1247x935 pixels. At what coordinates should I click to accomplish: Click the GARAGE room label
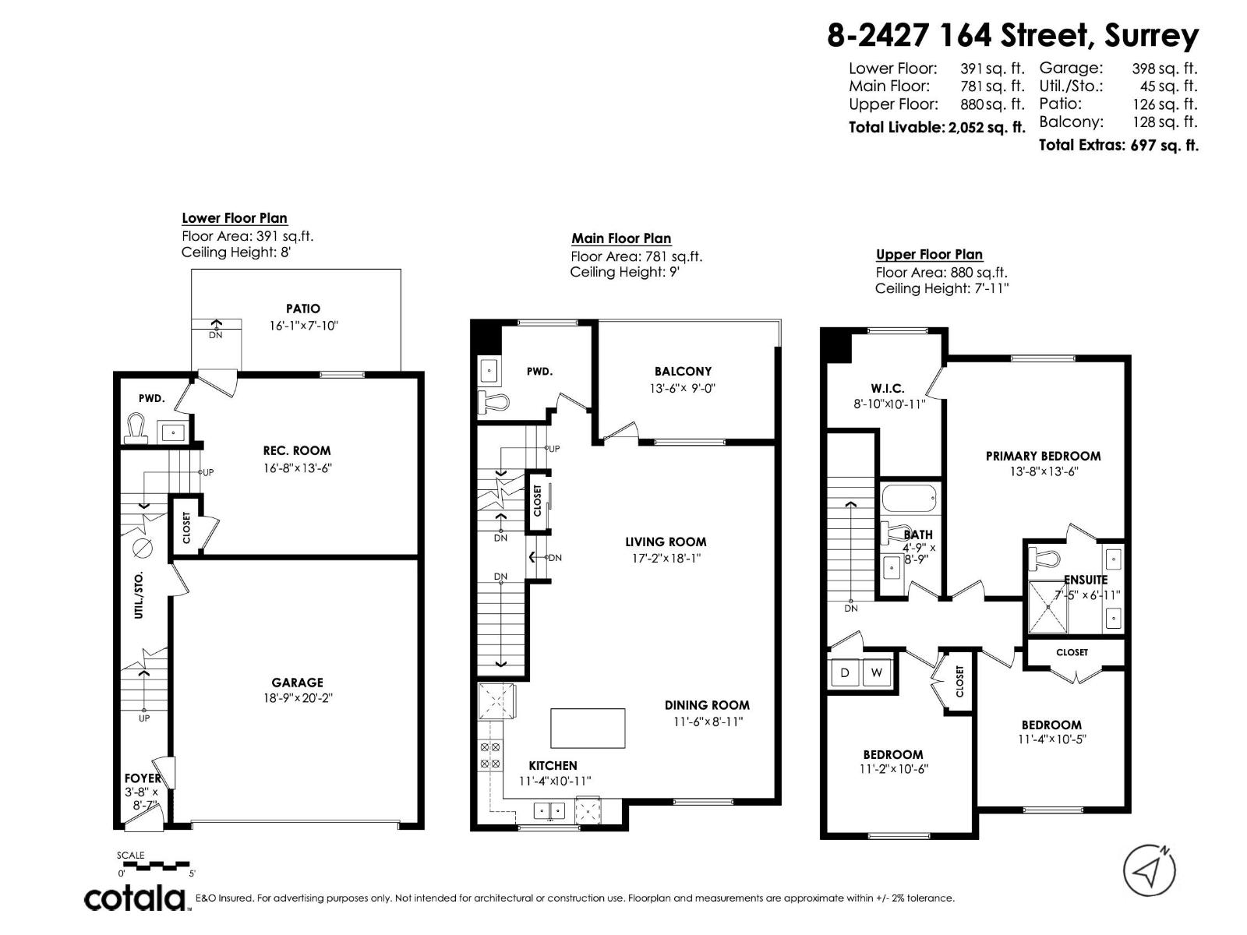297,683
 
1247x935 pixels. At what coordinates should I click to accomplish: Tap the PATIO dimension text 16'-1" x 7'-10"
303,326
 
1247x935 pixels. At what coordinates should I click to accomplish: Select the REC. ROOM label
296,450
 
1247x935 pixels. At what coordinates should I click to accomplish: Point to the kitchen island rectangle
588,728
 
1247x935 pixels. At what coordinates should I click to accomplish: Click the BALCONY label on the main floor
683,372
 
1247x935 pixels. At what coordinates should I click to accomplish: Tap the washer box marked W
876,672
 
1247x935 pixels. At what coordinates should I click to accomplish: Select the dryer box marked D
845,672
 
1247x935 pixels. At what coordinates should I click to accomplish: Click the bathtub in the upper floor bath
910,498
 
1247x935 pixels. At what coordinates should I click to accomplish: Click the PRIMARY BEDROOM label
1043,456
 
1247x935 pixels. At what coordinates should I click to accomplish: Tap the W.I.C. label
887,388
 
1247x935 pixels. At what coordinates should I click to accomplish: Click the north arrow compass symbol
1149,870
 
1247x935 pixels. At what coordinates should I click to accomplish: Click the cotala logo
135,898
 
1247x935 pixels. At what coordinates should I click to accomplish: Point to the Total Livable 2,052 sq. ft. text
936,127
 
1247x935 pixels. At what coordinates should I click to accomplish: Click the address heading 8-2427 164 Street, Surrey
1012,36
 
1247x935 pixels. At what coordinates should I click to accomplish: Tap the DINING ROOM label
707,705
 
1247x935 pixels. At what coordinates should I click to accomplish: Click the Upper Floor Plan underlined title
929,254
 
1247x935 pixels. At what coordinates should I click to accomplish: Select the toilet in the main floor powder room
493,402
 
